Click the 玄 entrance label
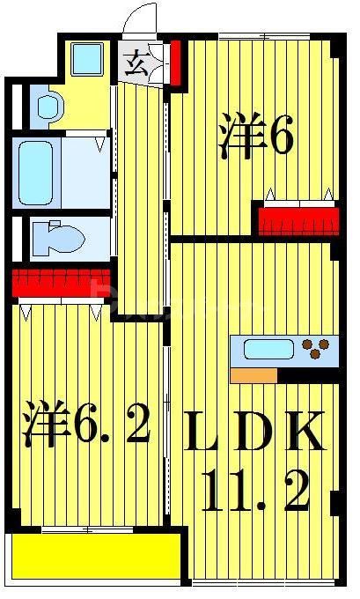tap(137, 63)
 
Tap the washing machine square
tap(87, 60)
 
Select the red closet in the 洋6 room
tap(298, 219)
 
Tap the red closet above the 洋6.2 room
tap(57, 284)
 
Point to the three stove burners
tap(317, 349)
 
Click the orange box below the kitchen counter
tap(253, 375)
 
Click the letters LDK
tap(255, 433)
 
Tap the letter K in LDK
tap(308, 433)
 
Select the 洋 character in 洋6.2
tap(46, 424)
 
